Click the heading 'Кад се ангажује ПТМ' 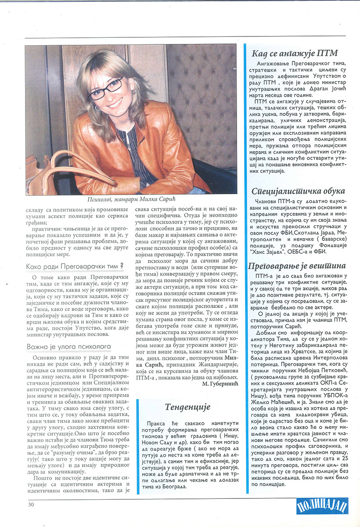pos(295,54)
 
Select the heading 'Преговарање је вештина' pos(303,266)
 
